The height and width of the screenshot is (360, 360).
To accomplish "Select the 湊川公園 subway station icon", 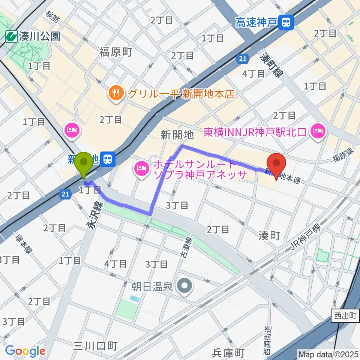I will (x=11, y=36).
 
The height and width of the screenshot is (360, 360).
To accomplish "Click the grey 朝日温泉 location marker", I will (x=184, y=287).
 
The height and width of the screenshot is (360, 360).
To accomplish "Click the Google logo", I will (x=25, y=351).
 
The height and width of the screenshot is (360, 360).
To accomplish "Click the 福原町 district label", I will (x=115, y=52).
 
